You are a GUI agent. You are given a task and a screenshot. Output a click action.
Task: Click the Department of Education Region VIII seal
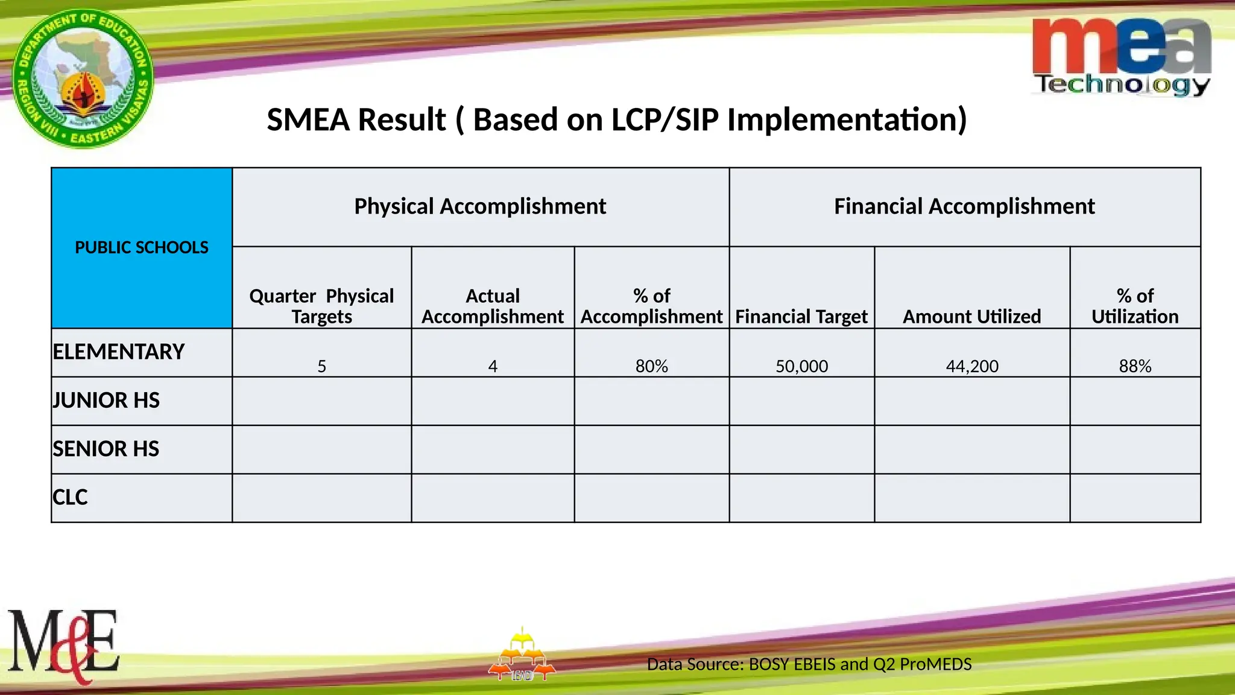click(x=83, y=78)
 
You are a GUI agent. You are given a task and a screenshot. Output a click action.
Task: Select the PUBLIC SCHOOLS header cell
click(x=142, y=247)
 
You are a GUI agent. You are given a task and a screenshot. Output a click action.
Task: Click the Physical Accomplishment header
click(x=480, y=206)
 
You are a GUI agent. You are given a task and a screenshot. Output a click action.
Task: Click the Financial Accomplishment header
click(x=964, y=206)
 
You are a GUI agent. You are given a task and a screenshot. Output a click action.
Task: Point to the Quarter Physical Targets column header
click(x=321, y=306)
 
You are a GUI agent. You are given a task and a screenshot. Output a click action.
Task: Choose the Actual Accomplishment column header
click(x=492, y=306)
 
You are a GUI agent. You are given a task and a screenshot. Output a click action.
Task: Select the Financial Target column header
click(x=801, y=316)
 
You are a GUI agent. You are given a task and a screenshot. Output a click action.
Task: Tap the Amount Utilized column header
click(x=971, y=316)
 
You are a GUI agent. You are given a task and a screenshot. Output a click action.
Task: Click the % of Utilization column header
click(x=1135, y=306)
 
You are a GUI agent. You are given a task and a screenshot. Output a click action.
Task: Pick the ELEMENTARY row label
click(x=119, y=352)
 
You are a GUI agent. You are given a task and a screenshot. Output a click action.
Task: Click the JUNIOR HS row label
click(x=106, y=401)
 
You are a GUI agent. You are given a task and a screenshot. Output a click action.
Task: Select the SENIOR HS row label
click(x=106, y=449)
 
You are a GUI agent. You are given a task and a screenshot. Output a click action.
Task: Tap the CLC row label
click(x=70, y=497)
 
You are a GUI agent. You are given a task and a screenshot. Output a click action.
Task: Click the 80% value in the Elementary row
click(x=651, y=366)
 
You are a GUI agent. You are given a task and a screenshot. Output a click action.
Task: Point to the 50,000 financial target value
click(x=801, y=366)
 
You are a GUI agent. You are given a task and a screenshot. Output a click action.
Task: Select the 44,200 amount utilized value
click(x=971, y=366)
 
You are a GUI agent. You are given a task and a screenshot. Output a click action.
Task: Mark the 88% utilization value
click(x=1135, y=366)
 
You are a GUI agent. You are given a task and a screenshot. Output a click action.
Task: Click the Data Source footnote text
click(x=809, y=664)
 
